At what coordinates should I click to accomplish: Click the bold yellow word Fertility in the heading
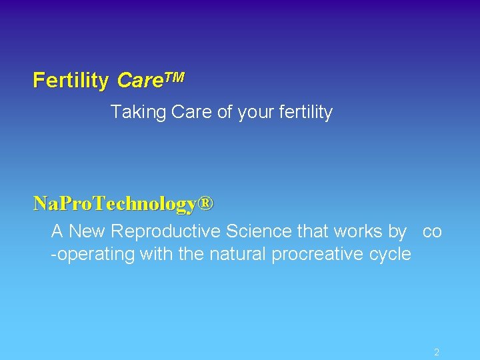click(71, 81)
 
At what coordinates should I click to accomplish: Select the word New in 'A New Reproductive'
click(87, 231)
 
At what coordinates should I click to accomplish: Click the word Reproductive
click(167, 232)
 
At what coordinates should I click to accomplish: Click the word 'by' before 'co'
click(397, 232)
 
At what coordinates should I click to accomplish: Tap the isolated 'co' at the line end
click(432, 232)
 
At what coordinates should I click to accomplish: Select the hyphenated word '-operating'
click(93, 255)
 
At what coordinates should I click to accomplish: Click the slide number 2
click(437, 352)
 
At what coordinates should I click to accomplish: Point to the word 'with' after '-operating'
click(155, 254)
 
